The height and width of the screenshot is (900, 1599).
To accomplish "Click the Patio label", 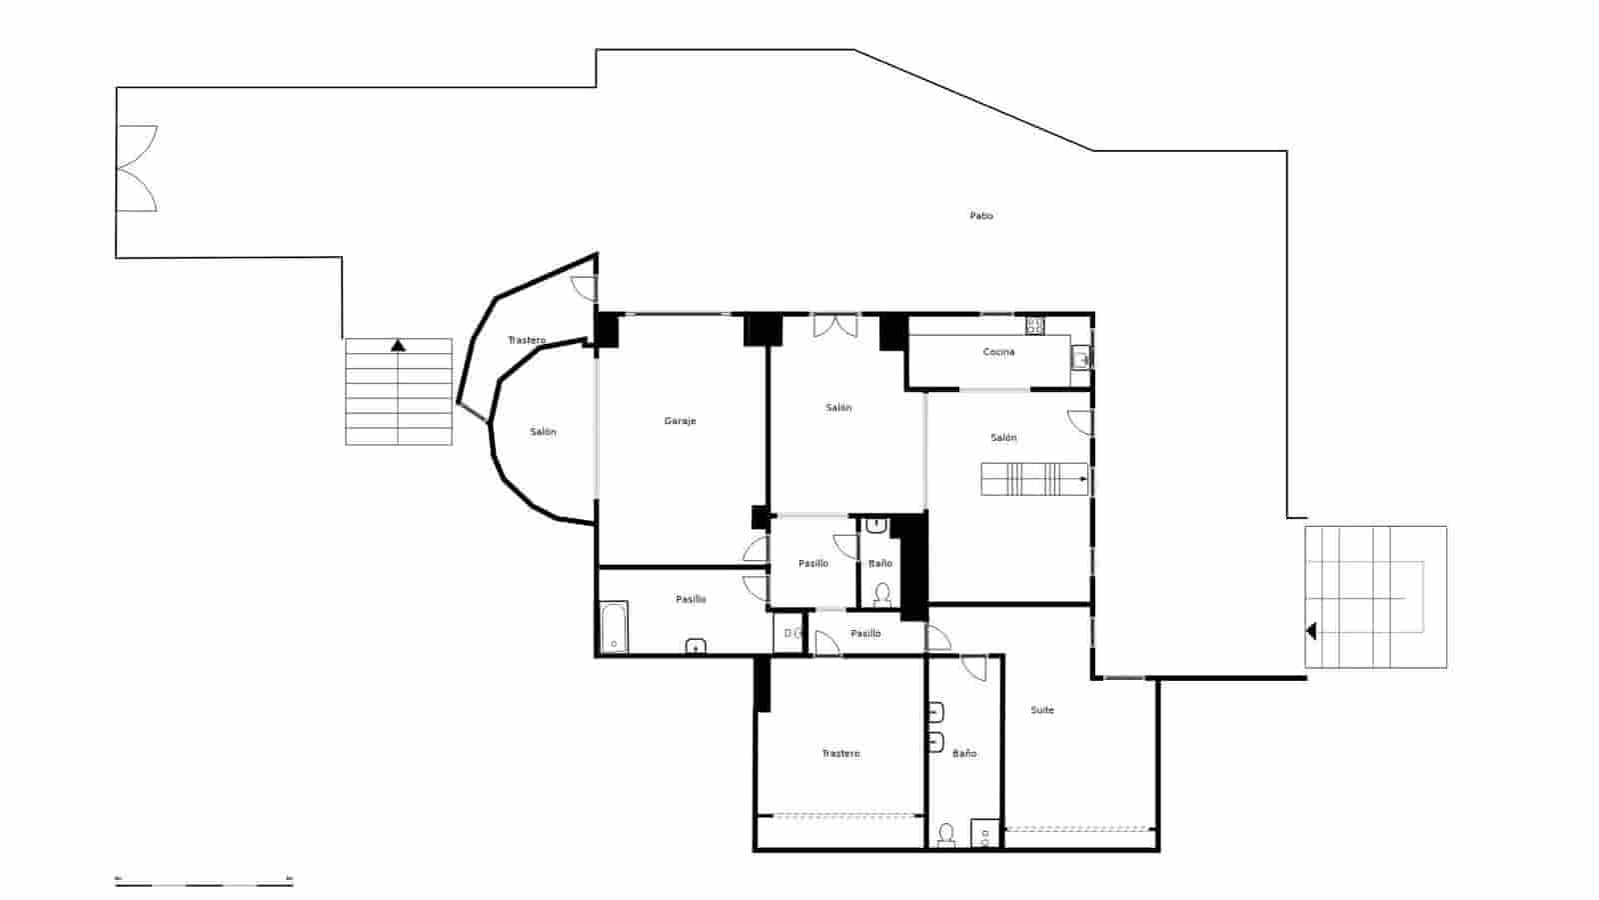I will point(981,216).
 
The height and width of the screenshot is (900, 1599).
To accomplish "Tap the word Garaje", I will point(680,421).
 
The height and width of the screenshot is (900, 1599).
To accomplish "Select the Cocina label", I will point(998,352).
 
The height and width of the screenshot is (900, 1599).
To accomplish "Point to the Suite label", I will point(1042,710).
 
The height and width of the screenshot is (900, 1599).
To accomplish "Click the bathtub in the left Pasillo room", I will point(613,627).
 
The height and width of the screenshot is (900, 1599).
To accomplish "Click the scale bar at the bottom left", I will point(204,882).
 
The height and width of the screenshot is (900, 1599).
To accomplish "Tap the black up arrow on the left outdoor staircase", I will point(399,346).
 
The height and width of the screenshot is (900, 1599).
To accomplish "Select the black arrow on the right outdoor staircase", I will point(1311,631).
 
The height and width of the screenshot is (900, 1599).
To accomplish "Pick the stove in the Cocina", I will point(1035,325).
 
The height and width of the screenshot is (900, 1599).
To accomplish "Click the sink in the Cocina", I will point(1080,357).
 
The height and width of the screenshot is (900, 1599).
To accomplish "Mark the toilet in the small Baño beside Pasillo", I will point(881,594).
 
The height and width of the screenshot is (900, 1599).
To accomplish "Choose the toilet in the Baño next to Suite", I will point(945,834).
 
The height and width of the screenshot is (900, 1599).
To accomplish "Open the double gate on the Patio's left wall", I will point(137,168).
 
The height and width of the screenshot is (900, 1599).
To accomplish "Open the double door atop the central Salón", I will point(834,325).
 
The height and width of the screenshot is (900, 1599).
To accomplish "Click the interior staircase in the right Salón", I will point(1033,479).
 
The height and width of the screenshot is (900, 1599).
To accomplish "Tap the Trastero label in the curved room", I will point(527,341).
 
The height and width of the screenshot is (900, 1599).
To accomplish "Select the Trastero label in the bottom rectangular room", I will point(840,753).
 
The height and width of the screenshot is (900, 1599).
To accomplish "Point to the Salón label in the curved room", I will point(543,432).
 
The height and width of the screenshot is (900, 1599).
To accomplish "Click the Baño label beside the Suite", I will point(964,753).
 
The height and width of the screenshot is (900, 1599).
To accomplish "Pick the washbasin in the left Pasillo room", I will point(696,646).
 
